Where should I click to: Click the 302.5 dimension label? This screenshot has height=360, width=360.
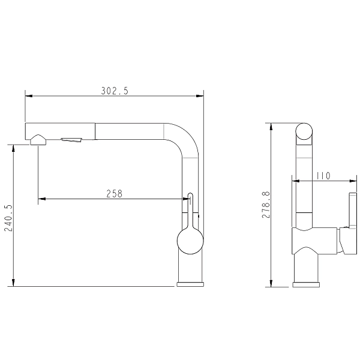pyautogui.click(x=115, y=91)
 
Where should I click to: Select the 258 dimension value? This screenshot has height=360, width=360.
pyautogui.click(x=115, y=194)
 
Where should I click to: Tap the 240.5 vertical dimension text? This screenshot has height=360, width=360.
pyautogui.click(x=8, y=218)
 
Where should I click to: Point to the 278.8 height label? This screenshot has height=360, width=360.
pyautogui.click(x=266, y=205)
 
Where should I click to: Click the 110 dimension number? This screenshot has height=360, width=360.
pyautogui.click(x=323, y=176)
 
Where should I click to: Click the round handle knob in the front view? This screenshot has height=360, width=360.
pyautogui.click(x=190, y=241)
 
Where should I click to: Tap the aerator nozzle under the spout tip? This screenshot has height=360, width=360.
pyautogui.click(x=38, y=140)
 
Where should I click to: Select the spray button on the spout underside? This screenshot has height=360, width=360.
pyautogui.click(x=71, y=140)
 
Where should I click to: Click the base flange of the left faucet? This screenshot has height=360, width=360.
pyautogui.click(x=190, y=284)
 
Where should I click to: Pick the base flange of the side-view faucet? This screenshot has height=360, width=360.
pyautogui.click(x=306, y=284)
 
